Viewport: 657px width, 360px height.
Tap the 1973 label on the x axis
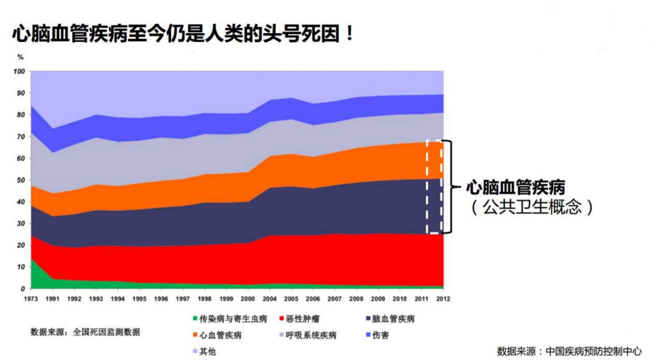31,299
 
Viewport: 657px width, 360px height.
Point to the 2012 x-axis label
443,299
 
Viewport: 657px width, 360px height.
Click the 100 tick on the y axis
19,71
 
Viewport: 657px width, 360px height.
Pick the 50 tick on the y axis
21,180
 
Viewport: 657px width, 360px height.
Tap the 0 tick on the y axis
23,289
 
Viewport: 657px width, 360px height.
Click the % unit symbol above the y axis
20,57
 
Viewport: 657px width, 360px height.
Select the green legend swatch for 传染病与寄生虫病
195,319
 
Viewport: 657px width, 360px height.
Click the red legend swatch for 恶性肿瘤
282,319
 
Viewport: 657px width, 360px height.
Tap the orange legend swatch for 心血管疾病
195,335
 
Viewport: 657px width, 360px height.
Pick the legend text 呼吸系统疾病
311,335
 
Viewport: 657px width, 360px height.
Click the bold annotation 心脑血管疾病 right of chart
515,187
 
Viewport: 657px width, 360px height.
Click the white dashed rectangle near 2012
434,186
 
